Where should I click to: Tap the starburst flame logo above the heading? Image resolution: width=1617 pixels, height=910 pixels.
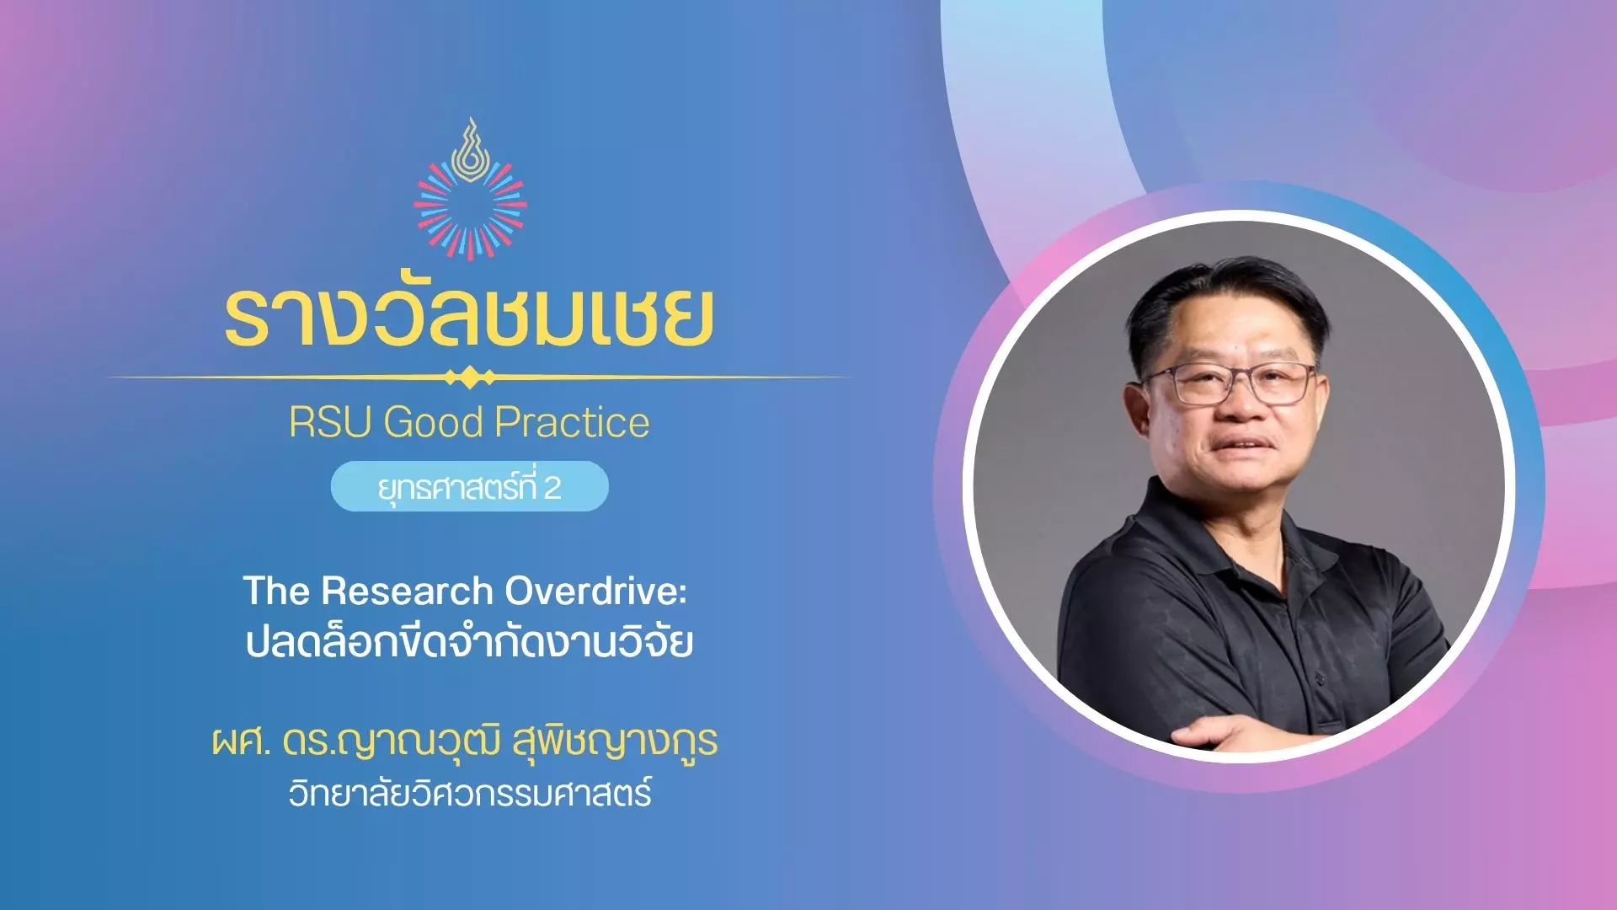[x=470, y=189]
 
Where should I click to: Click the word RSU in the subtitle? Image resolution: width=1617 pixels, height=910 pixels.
[x=330, y=422]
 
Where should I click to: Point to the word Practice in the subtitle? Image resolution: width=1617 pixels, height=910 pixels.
[x=573, y=422]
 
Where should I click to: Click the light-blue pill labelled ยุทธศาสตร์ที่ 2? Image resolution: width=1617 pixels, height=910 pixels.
[x=469, y=486]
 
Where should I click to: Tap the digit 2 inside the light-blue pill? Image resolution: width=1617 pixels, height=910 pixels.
[x=552, y=488]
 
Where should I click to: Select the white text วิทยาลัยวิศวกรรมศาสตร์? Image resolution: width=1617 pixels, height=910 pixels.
[x=470, y=793]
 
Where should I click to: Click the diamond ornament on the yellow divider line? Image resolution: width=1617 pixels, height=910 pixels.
[x=470, y=377]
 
